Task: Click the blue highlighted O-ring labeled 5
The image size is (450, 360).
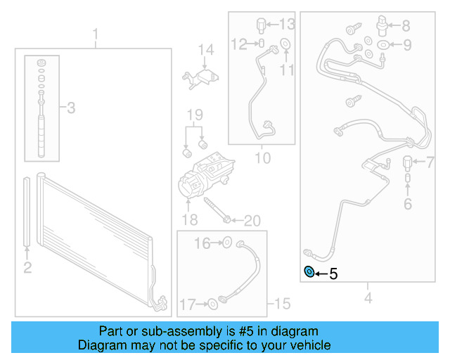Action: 308,273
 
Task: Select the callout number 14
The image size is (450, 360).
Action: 205,50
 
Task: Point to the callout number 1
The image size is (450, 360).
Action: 96,34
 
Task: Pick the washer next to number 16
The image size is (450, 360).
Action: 227,243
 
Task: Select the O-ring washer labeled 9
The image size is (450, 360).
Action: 383,46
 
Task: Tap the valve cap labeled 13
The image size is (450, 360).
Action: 262,25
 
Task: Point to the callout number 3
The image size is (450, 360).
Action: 70,108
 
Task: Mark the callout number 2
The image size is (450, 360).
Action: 27,266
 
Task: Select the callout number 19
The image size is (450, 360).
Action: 194,115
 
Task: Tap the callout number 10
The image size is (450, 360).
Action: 262,158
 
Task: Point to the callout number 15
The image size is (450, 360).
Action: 281,304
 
